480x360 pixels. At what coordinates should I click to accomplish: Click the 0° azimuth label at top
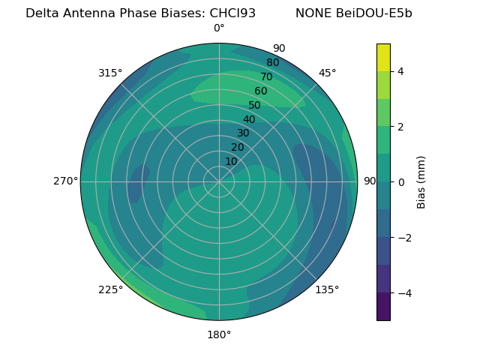point(219,28)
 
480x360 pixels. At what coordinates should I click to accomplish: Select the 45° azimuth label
point(328,73)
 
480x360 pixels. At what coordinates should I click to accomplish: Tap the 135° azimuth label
point(327,289)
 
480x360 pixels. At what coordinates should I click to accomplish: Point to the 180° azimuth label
point(219,334)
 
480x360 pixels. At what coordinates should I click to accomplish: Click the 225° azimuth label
point(110,290)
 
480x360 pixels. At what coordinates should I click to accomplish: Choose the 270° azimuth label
point(66,181)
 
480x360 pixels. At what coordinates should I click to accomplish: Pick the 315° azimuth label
point(110,73)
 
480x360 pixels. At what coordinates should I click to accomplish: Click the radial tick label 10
point(231,161)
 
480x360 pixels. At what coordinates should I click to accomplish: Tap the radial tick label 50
point(254,106)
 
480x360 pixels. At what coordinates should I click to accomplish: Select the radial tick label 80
point(272,63)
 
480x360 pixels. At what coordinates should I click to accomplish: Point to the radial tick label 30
point(243,133)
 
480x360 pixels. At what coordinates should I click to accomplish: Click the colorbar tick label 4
point(400,71)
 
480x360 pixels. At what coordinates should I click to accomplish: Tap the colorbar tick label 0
point(400,182)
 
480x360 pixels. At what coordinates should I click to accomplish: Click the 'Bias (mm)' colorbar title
point(421,182)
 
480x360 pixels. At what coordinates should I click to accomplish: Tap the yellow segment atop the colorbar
point(383,58)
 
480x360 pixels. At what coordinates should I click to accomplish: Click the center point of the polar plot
point(219,181)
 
